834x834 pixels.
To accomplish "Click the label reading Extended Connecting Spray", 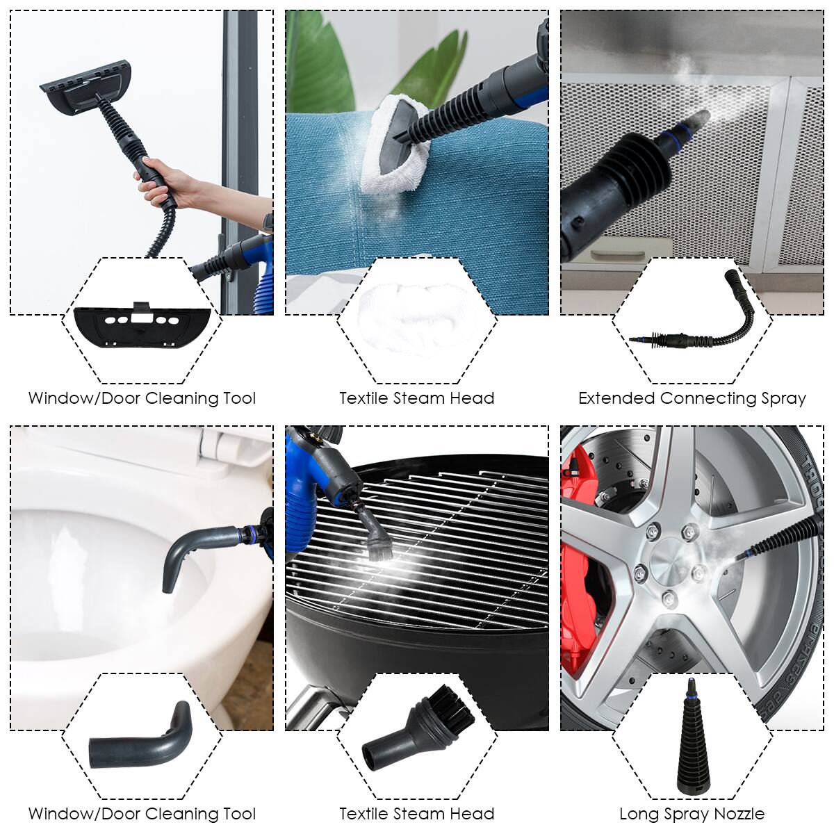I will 692,398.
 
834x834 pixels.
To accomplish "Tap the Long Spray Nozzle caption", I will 692,814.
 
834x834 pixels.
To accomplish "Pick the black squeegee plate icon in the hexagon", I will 142,325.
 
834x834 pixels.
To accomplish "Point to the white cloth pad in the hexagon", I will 416,316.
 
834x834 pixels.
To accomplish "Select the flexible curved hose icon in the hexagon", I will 695,320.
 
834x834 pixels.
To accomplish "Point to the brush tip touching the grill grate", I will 379,549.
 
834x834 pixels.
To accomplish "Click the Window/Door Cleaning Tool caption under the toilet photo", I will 142,814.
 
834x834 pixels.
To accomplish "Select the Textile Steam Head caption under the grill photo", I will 416,814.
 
